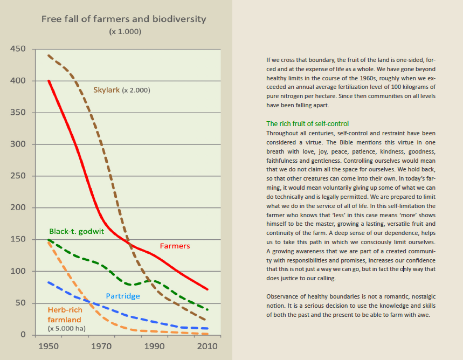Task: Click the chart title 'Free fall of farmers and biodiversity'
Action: (x=124, y=19)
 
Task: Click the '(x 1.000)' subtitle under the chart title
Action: (x=125, y=32)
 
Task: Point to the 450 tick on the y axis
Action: (x=18, y=49)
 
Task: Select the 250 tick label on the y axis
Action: (x=18, y=176)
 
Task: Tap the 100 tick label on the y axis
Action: (x=18, y=271)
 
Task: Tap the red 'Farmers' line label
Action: (x=175, y=246)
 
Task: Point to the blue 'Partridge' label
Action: (x=122, y=296)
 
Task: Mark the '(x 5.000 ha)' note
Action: (x=67, y=328)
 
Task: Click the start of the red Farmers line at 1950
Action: (x=49, y=81)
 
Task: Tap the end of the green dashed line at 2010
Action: (x=208, y=309)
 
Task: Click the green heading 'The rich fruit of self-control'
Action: (x=307, y=123)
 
